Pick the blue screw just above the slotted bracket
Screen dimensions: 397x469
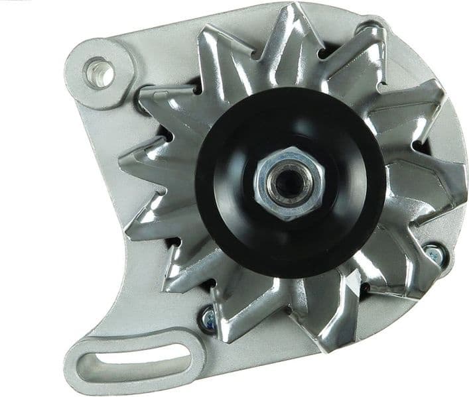(206, 316)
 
